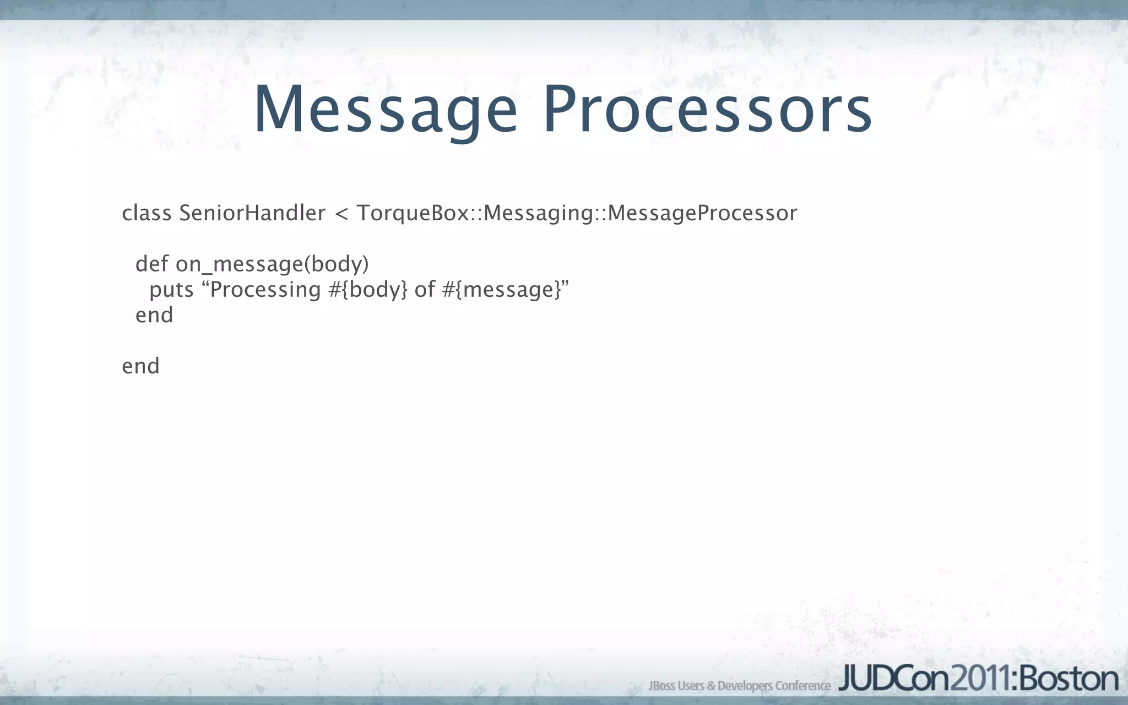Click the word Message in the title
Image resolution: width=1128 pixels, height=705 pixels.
386,110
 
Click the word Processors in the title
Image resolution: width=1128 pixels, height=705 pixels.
707,110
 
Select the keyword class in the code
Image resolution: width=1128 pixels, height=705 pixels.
147,213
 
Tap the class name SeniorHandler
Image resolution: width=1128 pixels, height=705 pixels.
252,213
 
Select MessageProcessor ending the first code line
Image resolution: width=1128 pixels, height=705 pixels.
702,213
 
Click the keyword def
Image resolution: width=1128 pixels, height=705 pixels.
151,264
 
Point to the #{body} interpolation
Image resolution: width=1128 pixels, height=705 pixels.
368,290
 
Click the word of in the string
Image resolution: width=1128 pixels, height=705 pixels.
425,290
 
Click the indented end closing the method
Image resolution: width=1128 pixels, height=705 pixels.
154,315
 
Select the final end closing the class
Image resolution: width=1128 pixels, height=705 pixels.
140,366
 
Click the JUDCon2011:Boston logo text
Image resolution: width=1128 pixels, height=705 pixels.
978,679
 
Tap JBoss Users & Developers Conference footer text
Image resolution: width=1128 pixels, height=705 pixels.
739,686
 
